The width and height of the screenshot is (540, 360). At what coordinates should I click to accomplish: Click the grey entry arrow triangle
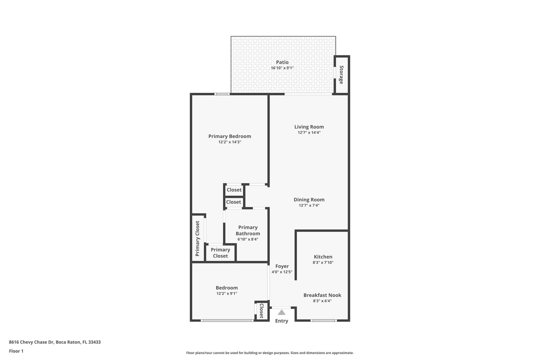coord(281,312)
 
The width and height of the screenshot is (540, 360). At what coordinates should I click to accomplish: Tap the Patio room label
coord(282,62)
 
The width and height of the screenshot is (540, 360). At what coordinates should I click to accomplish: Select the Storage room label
coord(341,75)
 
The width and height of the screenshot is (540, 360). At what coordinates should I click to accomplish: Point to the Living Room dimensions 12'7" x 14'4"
coord(309,133)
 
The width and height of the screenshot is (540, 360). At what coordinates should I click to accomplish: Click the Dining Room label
coord(309,199)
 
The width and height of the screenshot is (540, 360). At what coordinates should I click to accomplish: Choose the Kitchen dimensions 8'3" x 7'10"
coord(323,262)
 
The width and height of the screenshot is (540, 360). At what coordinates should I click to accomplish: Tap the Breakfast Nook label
coord(322,295)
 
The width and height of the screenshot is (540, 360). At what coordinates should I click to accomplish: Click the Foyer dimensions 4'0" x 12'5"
coord(282,272)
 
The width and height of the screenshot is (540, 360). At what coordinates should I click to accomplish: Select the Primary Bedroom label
coord(230,136)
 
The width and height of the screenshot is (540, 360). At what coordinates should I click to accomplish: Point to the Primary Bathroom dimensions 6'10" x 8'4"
coord(248,239)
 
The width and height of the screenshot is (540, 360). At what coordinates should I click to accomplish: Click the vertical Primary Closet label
coord(197,239)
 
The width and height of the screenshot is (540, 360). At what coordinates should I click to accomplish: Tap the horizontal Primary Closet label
coord(220,253)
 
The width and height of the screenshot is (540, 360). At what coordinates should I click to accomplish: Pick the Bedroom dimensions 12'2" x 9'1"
coord(227,294)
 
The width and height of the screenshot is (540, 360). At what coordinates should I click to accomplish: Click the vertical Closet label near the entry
coord(262,311)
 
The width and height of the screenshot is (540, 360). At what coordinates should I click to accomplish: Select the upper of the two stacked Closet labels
coord(234,190)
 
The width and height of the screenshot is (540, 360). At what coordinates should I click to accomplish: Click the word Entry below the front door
coord(281,321)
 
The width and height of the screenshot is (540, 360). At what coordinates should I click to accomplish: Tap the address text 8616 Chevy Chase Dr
coord(31,342)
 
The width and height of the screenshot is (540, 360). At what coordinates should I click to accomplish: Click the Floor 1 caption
coord(16,351)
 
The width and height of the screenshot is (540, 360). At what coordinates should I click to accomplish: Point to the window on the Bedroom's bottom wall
coord(227,321)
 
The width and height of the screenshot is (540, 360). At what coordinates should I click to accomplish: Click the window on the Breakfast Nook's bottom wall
coord(324,321)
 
